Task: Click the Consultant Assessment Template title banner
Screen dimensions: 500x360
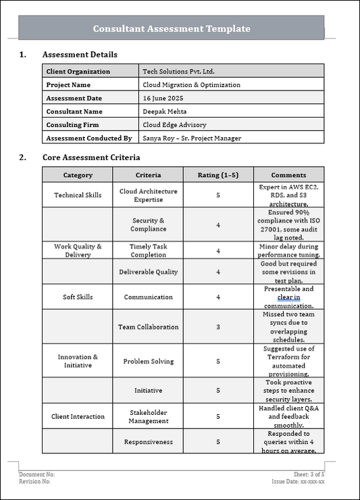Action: [x=172, y=28]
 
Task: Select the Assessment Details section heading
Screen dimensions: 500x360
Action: [x=80, y=55]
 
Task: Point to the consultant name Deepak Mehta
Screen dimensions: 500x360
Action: [x=165, y=111]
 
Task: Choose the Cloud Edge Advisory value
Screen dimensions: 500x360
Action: [x=174, y=125]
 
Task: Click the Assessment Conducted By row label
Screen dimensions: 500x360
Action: [x=88, y=139]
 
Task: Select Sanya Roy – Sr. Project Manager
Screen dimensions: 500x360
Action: [x=192, y=139]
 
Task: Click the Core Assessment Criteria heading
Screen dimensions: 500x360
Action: [x=91, y=157]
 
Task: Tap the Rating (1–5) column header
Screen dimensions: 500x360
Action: [x=218, y=175]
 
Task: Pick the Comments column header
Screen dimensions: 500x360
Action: [x=288, y=175]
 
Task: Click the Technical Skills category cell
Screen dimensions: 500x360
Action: [x=78, y=195]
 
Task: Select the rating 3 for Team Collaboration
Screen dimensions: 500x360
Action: [x=218, y=327]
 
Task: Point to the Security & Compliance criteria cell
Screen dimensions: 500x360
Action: [x=148, y=225]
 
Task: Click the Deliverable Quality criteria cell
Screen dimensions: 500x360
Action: [x=148, y=272]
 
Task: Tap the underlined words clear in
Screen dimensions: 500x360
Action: [x=288, y=297]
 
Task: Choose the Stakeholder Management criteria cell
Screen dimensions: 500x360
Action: [x=148, y=417]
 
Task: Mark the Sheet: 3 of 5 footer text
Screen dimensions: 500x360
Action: [x=309, y=475]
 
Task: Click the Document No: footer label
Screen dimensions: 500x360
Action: [x=37, y=475]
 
